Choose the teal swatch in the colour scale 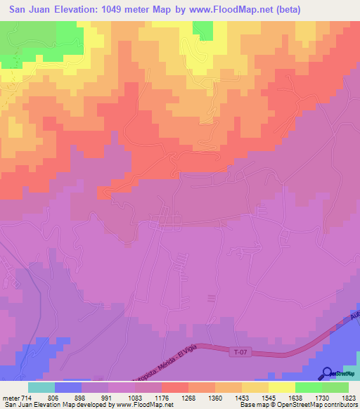(x=41, y=387)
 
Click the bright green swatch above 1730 (x=308, y=387)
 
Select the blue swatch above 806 (x=68, y=387)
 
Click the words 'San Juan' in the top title (x=28, y=10)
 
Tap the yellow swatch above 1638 (x=281, y=387)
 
